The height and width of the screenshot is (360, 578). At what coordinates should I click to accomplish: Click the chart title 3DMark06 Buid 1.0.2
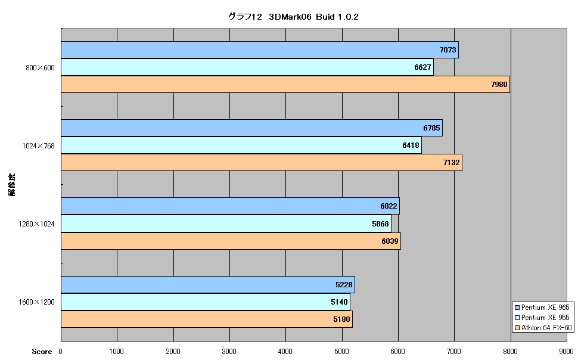tap(293, 17)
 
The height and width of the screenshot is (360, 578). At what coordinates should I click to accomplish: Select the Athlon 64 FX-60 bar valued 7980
tap(285, 85)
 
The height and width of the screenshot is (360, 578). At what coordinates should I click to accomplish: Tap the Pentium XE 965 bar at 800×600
tap(260, 50)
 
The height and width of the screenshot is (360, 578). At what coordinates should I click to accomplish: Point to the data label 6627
tap(422, 67)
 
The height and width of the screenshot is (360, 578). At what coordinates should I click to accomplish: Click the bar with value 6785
tap(252, 128)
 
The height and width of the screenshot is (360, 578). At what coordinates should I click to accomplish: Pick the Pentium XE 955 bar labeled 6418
tap(241, 145)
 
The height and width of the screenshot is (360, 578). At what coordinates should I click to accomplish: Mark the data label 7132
tap(451, 163)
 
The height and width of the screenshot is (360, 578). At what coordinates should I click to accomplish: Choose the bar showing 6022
tap(231, 206)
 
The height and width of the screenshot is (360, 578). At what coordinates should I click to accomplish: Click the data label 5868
tap(380, 224)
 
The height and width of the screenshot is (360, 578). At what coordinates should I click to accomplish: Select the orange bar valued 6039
tap(231, 241)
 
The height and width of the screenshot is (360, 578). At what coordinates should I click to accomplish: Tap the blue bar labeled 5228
tap(208, 285)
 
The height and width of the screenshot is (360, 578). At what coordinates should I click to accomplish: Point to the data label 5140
tap(339, 302)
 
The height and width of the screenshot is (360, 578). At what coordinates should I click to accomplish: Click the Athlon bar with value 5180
tap(207, 319)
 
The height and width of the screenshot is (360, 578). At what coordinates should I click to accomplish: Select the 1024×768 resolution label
tap(38, 145)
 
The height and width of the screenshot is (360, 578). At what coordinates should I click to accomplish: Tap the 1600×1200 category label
tap(36, 302)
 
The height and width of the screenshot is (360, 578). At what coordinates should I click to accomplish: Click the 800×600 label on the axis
tap(40, 67)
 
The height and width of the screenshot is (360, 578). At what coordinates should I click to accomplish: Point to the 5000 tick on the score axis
tap(341, 352)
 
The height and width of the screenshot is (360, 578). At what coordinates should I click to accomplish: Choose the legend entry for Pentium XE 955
tap(542, 318)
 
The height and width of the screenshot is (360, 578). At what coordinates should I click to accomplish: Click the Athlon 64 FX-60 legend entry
tap(543, 328)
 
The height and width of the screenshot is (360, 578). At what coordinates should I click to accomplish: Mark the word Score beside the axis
tap(42, 352)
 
